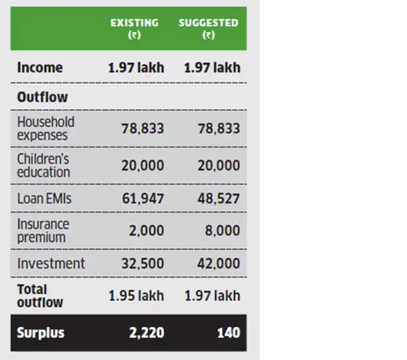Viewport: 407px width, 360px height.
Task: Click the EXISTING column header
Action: [134, 28]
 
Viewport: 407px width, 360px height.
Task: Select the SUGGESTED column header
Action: [208, 28]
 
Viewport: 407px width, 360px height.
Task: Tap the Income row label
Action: [40, 67]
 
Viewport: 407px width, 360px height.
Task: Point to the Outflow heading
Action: [42, 97]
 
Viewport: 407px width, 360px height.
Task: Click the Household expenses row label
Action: [46, 129]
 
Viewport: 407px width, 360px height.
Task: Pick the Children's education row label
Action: [44, 165]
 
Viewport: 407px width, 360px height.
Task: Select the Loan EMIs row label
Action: [44, 198]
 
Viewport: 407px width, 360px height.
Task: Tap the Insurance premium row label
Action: [43, 230]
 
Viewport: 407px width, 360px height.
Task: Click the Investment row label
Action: [51, 263]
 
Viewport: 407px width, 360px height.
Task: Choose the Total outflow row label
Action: [40, 295]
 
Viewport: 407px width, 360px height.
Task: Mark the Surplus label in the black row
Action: [41, 333]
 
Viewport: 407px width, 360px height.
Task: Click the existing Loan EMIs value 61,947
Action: [142, 198]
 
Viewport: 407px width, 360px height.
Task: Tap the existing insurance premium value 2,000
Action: [147, 231]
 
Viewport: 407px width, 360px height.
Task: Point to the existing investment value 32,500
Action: [142, 263]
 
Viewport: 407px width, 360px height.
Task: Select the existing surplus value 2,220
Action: [147, 333]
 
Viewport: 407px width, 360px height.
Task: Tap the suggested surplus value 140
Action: [227, 333]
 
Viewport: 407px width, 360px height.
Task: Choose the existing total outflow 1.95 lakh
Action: [136, 296]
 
